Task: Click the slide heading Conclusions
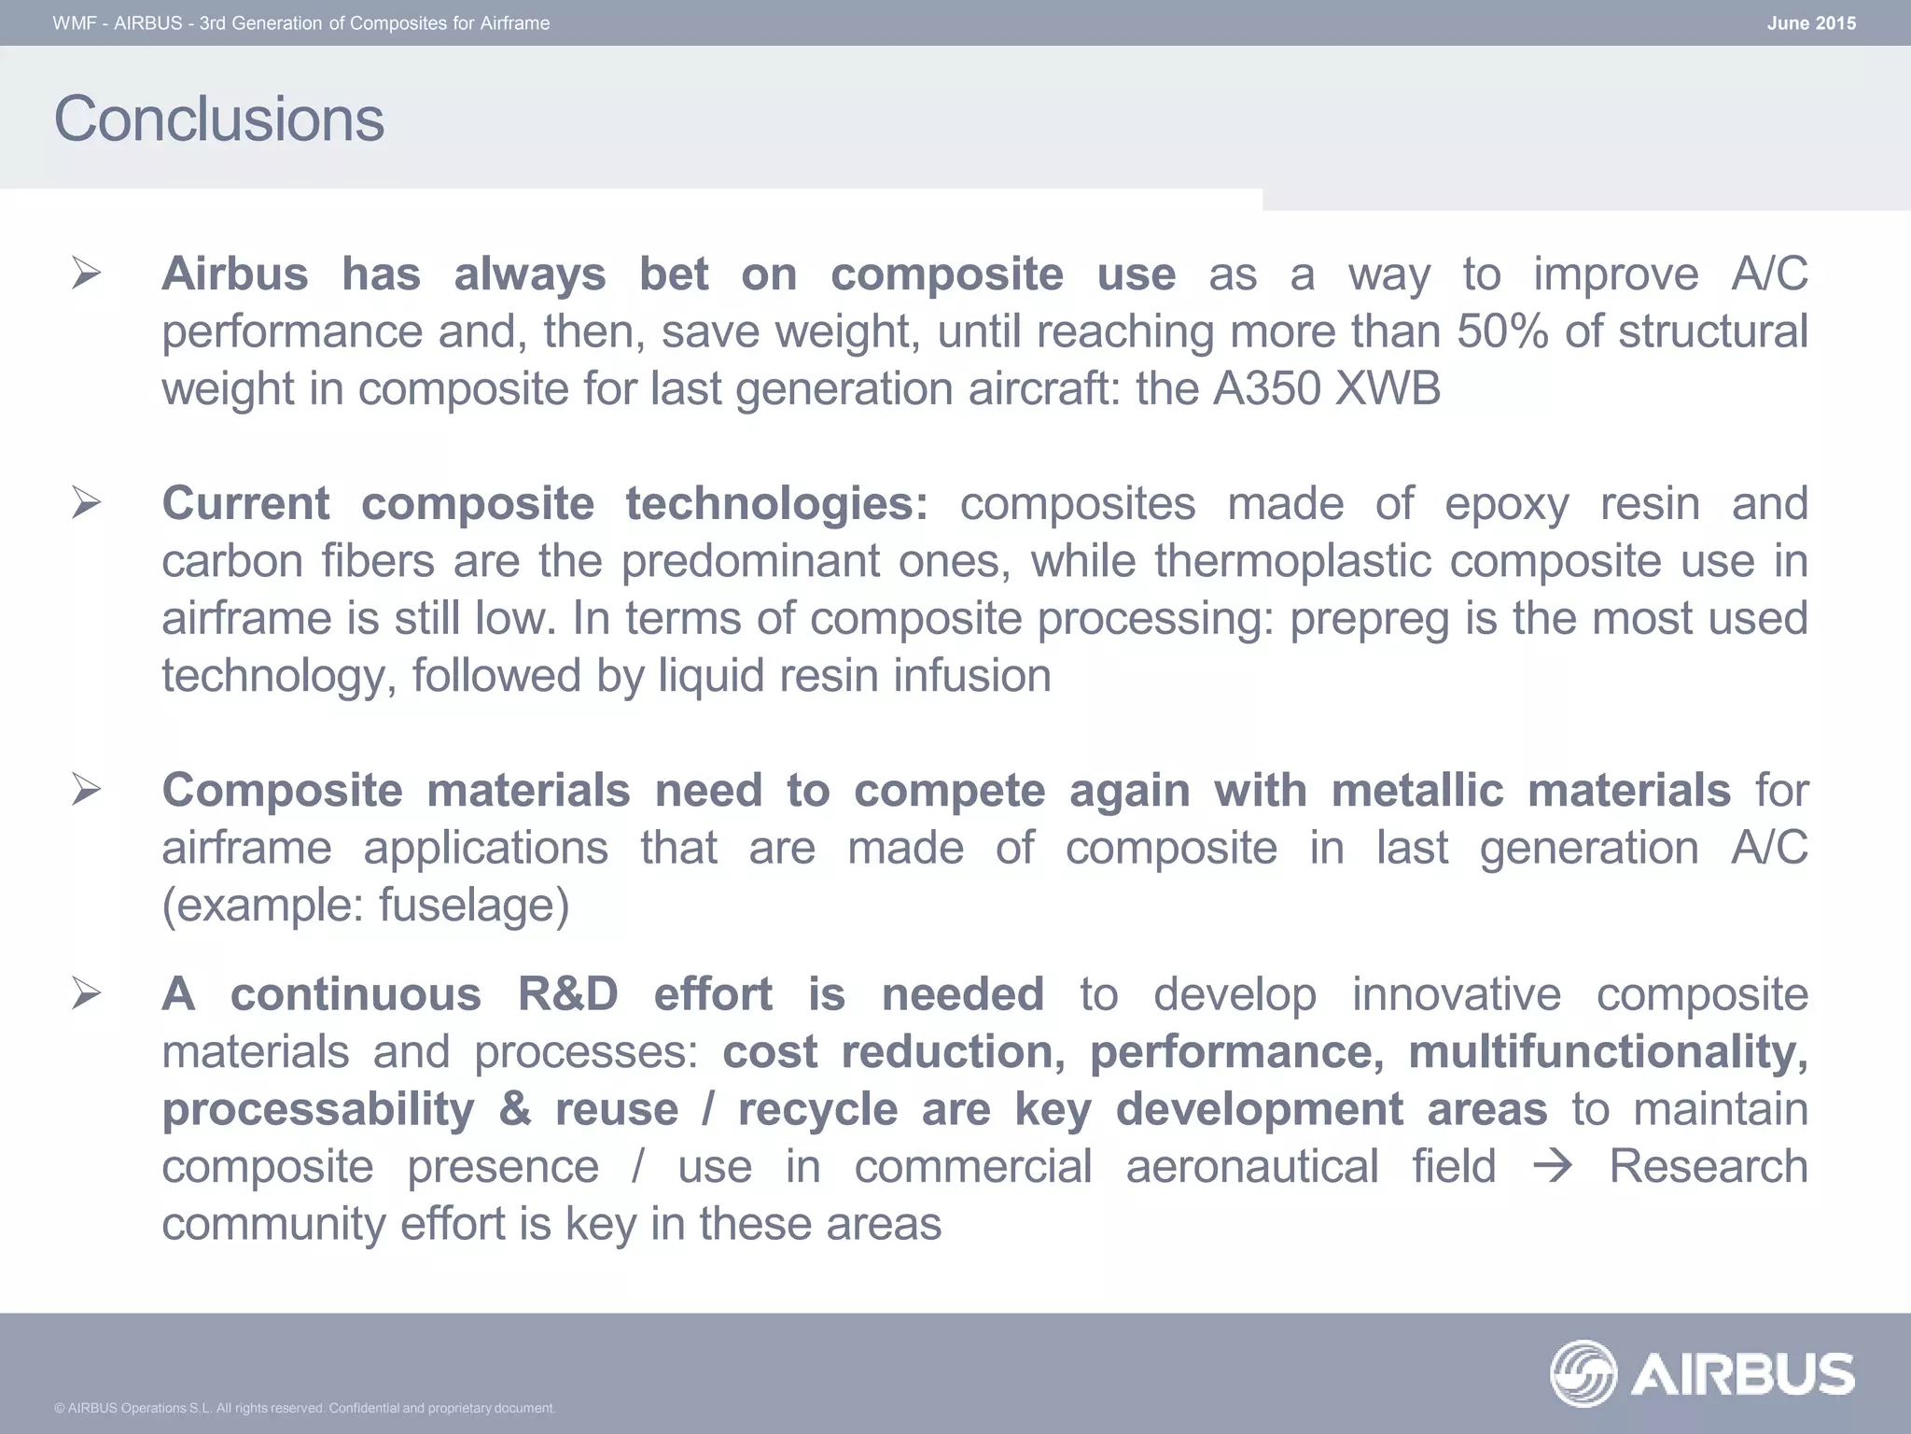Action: click(218, 119)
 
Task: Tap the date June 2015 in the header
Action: click(1810, 23)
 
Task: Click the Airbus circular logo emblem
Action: click(1583, 1373)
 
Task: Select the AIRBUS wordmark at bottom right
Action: click(1743, 1374)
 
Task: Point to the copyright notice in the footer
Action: click(305, 1408)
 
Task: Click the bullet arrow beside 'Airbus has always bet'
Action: click(86, 274)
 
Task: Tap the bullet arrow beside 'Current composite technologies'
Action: click(86, 504)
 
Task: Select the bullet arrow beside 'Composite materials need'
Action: click(86, 791)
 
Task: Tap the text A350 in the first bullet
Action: click(1265, 389)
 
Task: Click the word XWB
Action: click(1388, 389)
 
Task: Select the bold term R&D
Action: click(568, 994)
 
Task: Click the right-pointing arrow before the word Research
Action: click(1553, 1167)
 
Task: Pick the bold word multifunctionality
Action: click(1607, 1052)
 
